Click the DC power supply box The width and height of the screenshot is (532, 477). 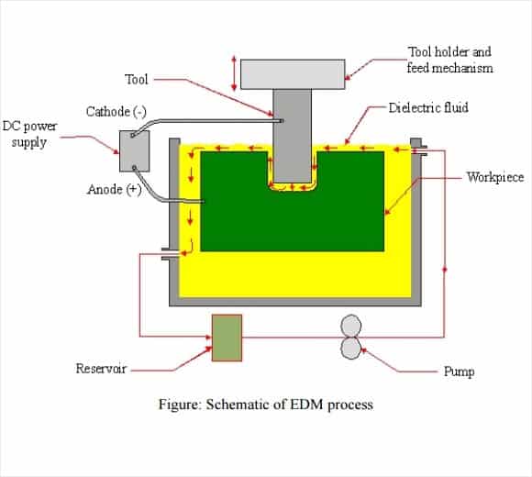pos(134,151)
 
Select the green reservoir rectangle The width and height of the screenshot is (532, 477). pos(227,338)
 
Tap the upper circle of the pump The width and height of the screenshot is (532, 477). pos(350,326)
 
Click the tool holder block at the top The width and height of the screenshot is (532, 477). pos(293,74)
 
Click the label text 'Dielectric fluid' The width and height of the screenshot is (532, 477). pos(428,108)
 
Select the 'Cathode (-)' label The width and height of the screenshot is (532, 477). pos(116,112)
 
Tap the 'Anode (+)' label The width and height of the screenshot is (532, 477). pos(115,189)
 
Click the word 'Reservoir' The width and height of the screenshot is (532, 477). pos(101,369)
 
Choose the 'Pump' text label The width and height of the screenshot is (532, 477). pos(459,372)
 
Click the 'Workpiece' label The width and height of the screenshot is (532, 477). pos(495,177)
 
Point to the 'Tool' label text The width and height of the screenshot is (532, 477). pos(137,80)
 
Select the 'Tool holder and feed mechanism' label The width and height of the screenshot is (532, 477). pos(449,60)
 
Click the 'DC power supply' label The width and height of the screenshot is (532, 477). pos(29,134)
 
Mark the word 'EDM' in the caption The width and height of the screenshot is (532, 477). pos(306,405)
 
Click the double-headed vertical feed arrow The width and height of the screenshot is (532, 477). pos(234,73)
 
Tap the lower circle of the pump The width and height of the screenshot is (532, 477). pos(350,349)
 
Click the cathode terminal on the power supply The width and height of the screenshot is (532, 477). pos(132,136)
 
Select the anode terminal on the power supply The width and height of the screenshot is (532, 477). pos(134,167)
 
